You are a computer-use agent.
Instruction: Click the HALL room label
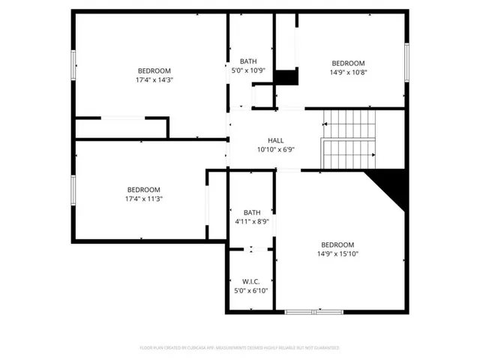tap(276, 140)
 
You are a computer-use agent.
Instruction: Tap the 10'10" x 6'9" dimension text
tap(276, 149)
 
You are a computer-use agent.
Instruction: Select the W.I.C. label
tap(250, 281)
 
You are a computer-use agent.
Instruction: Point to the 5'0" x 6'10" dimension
tap(250, 290)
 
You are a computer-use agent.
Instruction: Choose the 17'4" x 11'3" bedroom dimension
tap(145, 199)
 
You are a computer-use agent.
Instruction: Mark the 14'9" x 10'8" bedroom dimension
tap(348, 72)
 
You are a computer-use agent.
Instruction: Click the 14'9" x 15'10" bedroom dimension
tap(338, 253)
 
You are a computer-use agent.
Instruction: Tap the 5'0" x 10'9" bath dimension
tap(249, 70)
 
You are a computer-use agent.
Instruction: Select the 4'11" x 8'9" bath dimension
tap(251, 221)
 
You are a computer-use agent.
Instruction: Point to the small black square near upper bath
tap(286, 78)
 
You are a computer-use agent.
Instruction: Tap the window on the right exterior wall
tap(406, 63)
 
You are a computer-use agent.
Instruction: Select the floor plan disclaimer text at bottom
tap(240, 348)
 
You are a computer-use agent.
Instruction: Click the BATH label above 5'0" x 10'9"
tap(249, 61)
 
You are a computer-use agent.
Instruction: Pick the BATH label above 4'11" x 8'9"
tap(251, 212)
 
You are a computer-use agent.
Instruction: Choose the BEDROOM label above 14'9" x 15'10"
tap(338, 244)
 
